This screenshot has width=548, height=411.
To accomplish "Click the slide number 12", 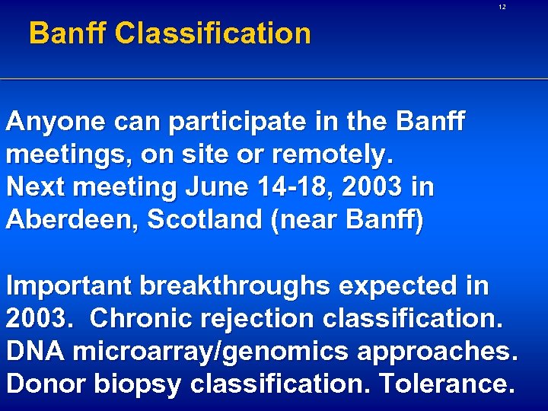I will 502,7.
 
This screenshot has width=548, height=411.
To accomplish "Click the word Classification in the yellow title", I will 214,33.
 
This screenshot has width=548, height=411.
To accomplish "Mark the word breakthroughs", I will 236,287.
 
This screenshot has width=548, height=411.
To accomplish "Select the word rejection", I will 260,319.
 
